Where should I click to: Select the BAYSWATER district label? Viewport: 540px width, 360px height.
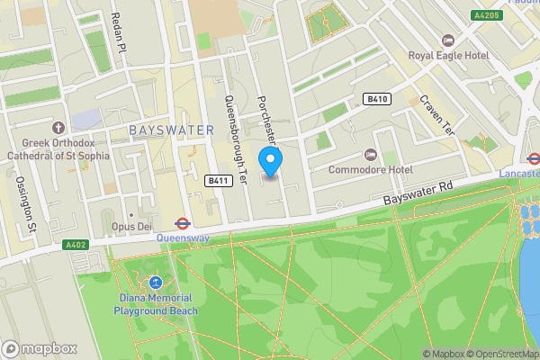(x=171, y=130)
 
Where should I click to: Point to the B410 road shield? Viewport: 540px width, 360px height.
(x=376, y=98)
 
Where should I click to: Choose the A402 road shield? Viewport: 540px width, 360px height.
(x=77, y=244)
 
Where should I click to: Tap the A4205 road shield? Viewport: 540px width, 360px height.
(x=487, y=15)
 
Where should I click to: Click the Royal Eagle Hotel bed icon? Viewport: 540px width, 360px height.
(x=448, y=40)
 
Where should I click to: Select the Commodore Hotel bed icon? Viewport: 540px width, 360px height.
(x=375, y=155)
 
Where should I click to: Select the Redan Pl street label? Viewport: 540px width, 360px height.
(x=115, y=31)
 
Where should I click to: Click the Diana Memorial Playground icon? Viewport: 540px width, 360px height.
(x=155, y=283)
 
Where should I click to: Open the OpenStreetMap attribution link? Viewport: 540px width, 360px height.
(x=499, y=353)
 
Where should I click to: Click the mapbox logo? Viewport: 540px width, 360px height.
(x=40, y=348)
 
